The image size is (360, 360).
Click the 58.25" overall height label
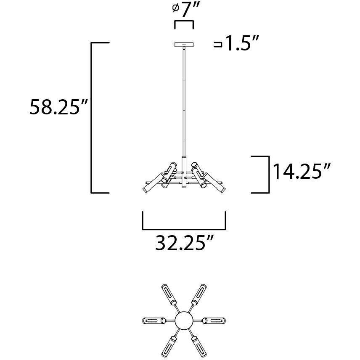click(58, 108)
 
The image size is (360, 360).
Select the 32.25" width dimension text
click(185, 243)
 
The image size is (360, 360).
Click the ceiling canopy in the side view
click(184, 45)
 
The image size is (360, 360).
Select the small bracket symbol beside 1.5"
click(218, 44)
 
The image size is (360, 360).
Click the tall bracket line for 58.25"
click(93, 118)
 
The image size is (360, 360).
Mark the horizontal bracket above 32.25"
click(184, 227)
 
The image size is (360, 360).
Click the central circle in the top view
click(184, 321)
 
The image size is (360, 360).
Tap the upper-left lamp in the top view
click(168, 294)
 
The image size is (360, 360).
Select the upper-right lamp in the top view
click(200, 294)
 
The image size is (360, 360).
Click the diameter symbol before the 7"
click(176, 8)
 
